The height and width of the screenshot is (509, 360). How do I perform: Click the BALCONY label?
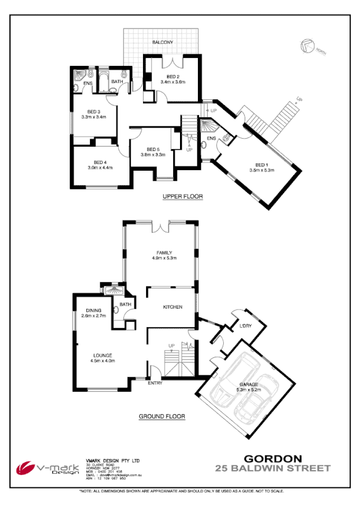tap(163, 42)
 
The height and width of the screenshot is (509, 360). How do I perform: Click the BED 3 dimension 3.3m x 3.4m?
tap(94, 117)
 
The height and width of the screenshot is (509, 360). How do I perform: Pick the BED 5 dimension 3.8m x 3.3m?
tap(153, 155)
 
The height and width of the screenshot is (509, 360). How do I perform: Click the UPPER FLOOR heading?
tap(182, 197)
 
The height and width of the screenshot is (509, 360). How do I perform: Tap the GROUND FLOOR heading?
tap(162, 417)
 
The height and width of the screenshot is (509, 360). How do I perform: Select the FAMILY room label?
tap(163, 252)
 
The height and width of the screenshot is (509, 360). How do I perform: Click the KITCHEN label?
tap(172, 306)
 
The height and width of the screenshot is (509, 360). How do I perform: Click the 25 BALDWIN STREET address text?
tap(273, 468)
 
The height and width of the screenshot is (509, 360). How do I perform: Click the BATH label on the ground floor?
tap(125, 304)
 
